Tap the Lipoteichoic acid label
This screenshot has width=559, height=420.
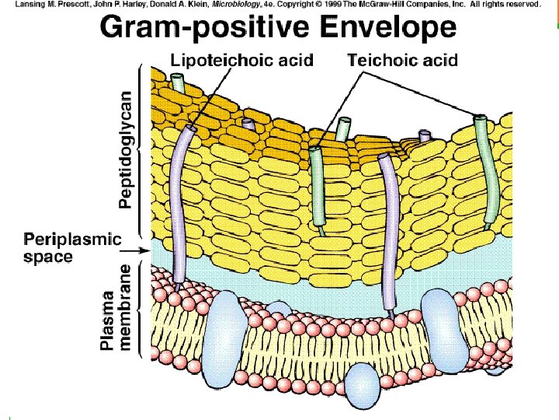[241, 61]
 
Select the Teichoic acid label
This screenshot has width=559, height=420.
[402, 60]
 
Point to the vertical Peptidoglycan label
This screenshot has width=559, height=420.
[126, 148]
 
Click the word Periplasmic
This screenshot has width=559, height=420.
[73, 239]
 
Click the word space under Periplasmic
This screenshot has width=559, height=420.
[48, 256]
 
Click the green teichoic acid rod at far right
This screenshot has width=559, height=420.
[487, 171]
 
